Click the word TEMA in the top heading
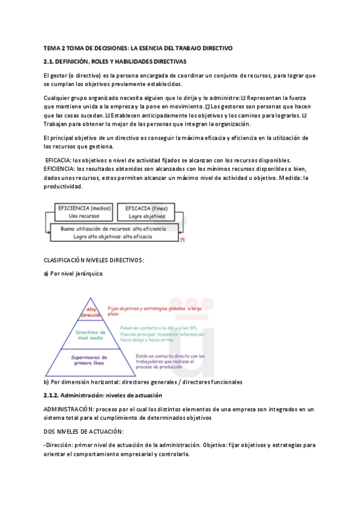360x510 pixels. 52,48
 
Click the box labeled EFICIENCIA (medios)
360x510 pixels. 83,212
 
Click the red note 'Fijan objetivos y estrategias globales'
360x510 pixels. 153,310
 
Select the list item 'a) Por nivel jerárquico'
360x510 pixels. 73,273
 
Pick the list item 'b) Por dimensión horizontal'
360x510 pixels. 143,381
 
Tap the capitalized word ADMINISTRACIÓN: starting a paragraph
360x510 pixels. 67,410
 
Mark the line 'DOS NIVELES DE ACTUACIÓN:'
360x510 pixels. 84,431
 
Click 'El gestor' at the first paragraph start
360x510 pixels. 55,75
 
